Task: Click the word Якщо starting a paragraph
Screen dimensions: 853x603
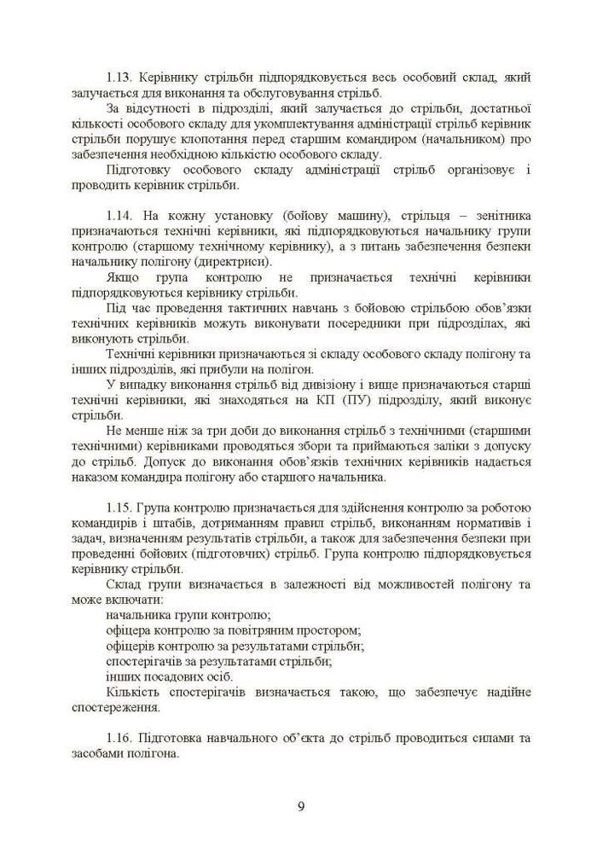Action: (x=123, y=277)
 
